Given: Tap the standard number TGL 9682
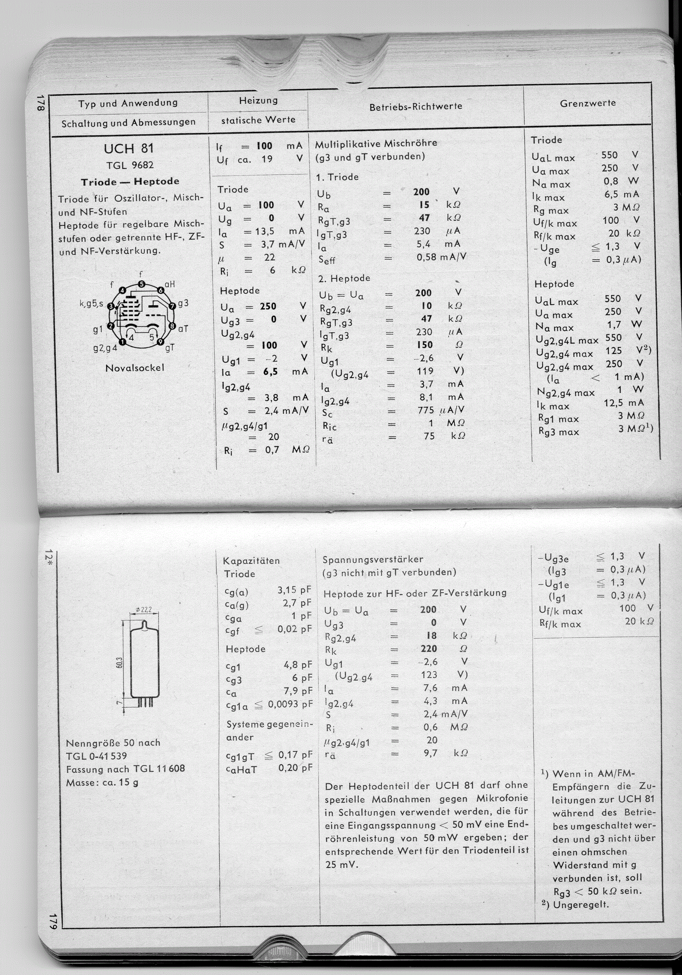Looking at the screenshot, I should pos(130,165).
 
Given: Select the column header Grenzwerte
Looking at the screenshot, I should pos(588,103).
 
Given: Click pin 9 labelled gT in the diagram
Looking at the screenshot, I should pos(161,342).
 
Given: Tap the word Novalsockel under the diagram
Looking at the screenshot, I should pos(134,368).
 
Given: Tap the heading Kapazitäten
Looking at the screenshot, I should pos(251,560).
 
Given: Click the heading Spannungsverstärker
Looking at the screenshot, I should pos(373,559).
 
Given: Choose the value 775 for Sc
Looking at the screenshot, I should pos(426,410).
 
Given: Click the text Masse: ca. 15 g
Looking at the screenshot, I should pos(102,782).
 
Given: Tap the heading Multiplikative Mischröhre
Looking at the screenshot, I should pos(376,143).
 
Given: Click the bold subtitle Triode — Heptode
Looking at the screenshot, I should pos(130,182).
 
